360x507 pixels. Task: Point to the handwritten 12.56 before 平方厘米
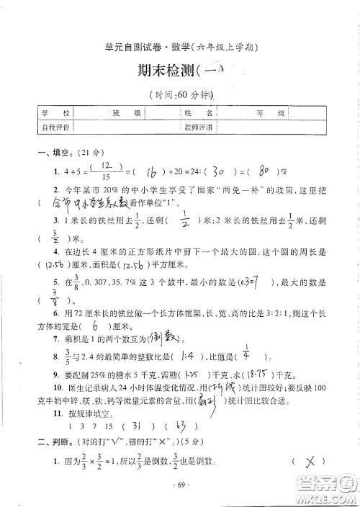click(109, 269)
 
